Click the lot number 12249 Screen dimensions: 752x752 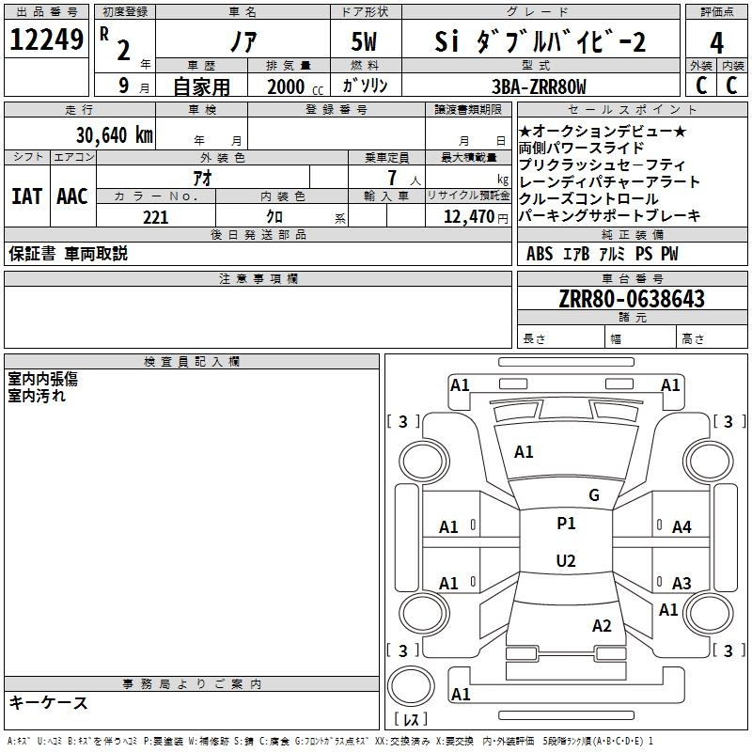[46, 39]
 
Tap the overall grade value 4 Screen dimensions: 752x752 [716, 42]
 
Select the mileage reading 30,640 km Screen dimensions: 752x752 [114, 135]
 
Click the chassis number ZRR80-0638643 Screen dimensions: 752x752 [632, 299]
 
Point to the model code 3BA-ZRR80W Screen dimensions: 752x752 [539, 86]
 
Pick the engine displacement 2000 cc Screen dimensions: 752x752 [295, 87]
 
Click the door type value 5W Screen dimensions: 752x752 [364, 41]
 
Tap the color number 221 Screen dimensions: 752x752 [155, 217]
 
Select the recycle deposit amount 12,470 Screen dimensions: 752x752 [468, 217]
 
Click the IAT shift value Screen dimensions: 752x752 [26, 196]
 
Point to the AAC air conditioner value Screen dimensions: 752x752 [72, 196]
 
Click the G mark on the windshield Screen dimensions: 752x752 [594, 495]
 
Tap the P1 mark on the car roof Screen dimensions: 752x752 [566, 524]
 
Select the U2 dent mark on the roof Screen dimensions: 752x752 [566, 560]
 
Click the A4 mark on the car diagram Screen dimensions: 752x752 [681, 527]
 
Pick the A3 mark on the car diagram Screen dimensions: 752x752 [681, 583]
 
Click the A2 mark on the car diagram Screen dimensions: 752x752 [602, 625]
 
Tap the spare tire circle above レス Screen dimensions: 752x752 [411, 686]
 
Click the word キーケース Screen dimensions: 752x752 [48, 703]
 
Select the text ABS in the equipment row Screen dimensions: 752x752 [540, 253]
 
